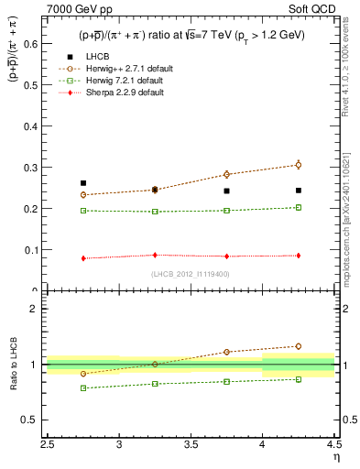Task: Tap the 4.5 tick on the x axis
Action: click(x=333, y=448)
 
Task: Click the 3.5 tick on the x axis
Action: click(x=191, y=448)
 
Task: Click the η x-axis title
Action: click(x=335, y=460)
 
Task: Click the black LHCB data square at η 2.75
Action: click(x=83, y=183)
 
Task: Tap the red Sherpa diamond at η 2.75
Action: click(x=83, y=258)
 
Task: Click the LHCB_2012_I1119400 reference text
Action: click(x=191, y=274)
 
